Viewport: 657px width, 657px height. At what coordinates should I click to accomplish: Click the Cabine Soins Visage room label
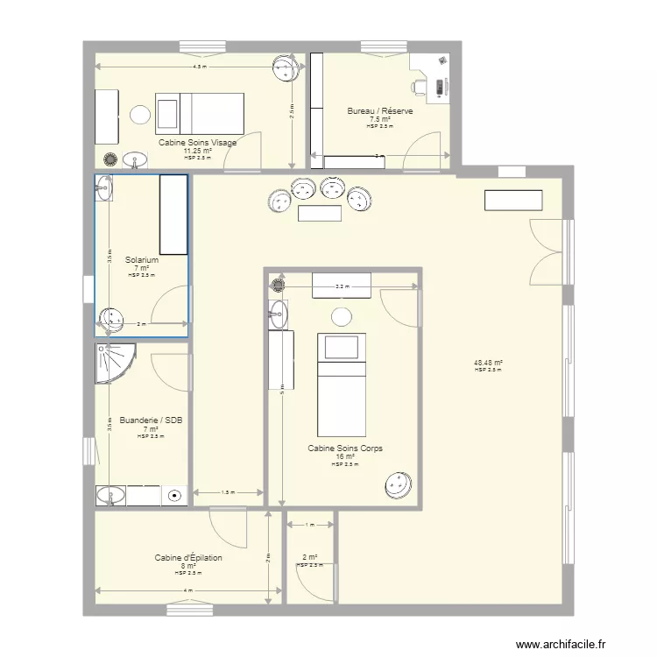click(197, 142)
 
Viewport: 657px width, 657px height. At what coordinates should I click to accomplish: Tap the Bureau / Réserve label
click(380, 111)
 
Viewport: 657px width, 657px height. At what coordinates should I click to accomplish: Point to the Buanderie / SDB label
click(151, 420)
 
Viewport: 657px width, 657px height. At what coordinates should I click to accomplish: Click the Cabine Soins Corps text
click(344, 449)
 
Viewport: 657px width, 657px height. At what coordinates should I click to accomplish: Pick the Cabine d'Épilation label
click(188, 558)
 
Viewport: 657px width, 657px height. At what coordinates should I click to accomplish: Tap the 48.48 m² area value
click(487, 363)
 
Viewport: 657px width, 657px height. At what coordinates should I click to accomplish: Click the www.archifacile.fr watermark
click(560, 644)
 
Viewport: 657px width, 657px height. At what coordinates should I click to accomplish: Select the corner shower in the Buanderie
click(115, 362)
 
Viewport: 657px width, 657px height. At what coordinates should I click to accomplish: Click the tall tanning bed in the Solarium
click(173, 215)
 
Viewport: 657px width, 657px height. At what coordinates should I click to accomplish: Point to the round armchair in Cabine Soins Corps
click(399, 484)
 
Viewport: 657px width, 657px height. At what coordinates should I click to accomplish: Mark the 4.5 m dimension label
click(200, 67)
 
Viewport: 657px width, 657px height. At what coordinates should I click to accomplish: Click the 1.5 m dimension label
click(228, 492)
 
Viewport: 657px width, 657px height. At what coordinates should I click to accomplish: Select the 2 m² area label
click(309, 557)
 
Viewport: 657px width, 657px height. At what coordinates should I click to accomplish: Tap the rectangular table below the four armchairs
click(320, 213)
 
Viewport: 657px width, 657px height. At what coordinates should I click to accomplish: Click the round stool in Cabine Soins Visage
click(140, 114)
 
